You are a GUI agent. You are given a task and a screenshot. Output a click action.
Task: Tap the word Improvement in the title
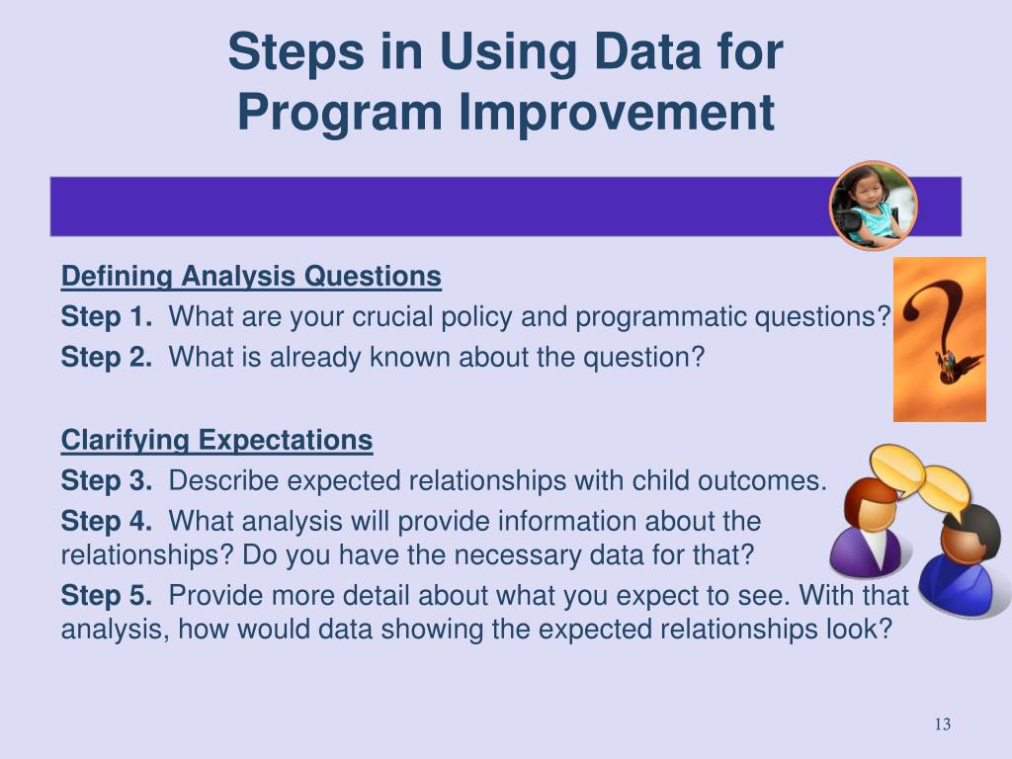click(x=617, y=113)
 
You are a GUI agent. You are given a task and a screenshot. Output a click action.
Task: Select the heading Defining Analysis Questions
click(x=251, y=277)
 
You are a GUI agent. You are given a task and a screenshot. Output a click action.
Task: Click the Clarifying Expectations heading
click(x=216, y=441)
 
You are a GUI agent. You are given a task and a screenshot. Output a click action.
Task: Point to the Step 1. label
click(x=107, y=317)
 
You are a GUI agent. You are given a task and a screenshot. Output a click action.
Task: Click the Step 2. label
click(x=107, y=357)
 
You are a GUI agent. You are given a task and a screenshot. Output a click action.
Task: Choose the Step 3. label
click(x=107, y=481)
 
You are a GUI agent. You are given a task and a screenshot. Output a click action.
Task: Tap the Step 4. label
click(x=107, y=522)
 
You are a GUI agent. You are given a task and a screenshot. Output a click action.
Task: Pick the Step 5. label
click(x=107, y=596)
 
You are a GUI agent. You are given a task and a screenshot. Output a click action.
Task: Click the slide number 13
click(x=942, y=724)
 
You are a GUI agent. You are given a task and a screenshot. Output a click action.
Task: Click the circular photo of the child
click(x=874, y=206)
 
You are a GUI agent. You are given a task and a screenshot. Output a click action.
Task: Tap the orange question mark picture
click(x=940, y=340)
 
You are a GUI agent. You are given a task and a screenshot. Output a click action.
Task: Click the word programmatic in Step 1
click(x=660, y=318)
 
